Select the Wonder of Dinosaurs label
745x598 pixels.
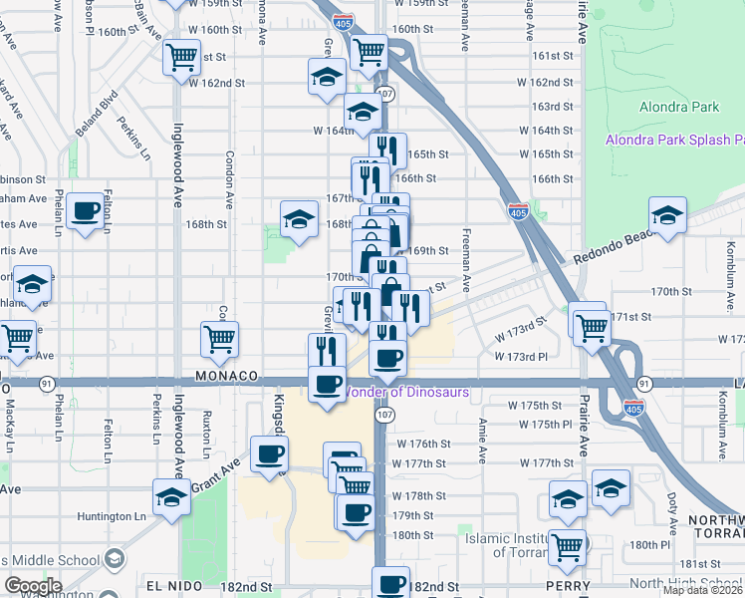[x=405, y=393]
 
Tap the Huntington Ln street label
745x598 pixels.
[x=110, y=516]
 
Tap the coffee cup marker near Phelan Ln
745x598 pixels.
[x=87, y=210]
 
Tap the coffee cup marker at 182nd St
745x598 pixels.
[x=391, y=583]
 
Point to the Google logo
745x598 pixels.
[x=34, y=586]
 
